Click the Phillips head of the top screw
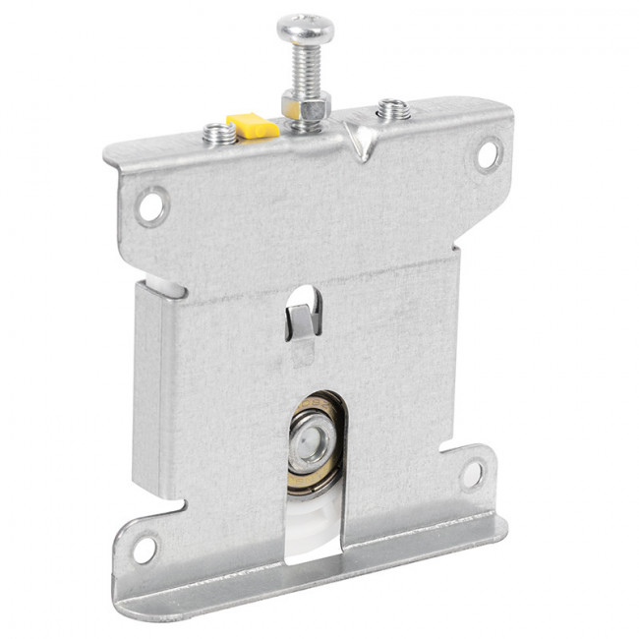click(x=305, y=28)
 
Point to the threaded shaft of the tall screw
click(x=304, y=69)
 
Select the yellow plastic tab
click(x=251, y=125)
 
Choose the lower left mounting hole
click(x=144, y=546)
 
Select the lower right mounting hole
click(x=472, y=474)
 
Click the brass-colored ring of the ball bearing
click(x=316, y=482)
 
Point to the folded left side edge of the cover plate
click(x=146, y=383)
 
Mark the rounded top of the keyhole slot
click(x=306, y=292)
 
